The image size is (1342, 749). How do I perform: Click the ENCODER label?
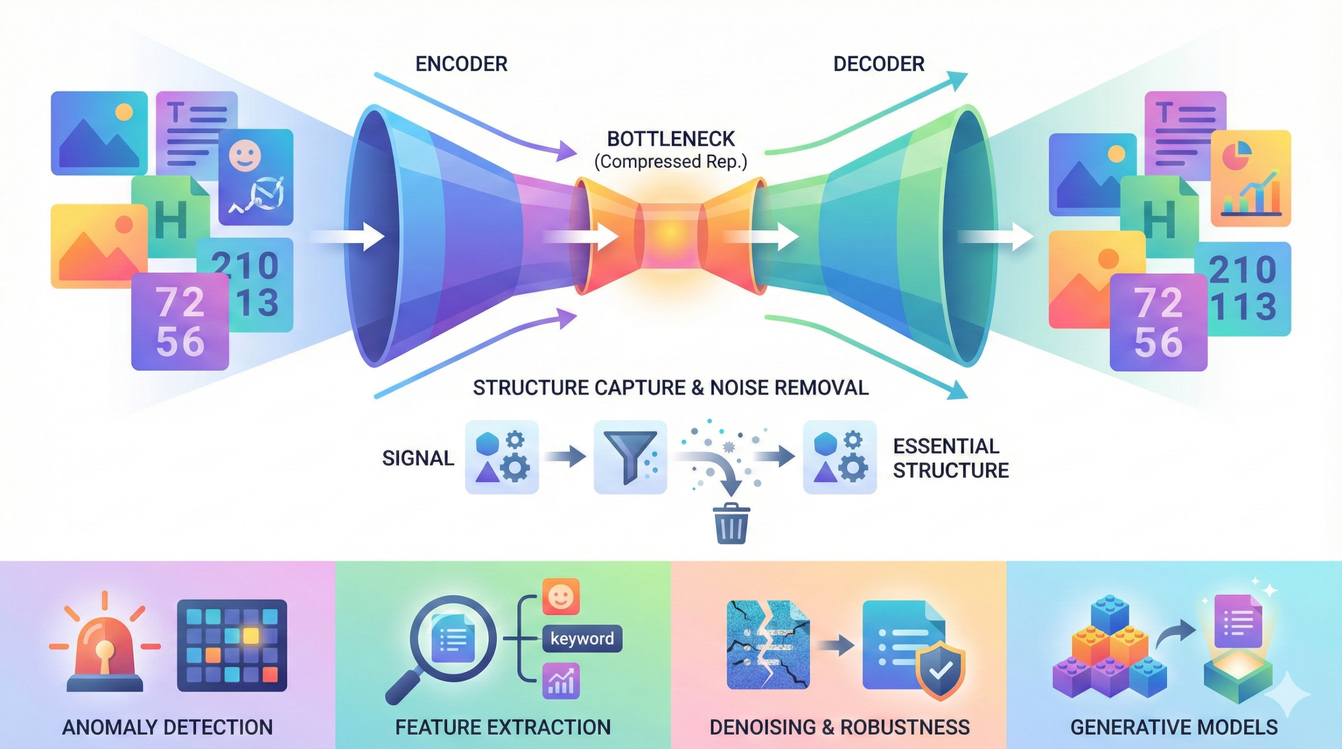461,64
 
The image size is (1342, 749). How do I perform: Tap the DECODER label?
879,64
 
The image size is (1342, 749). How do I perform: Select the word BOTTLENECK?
670,139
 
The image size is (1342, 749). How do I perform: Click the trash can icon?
732,524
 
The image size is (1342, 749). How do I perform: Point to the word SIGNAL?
418,459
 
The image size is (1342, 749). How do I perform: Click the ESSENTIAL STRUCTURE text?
950,459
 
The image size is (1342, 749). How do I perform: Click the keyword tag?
582,638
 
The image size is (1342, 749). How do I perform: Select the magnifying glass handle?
403,687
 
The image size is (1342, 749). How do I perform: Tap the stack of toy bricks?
1110,655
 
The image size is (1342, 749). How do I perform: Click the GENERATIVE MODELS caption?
1174,728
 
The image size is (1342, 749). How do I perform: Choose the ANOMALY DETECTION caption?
167,728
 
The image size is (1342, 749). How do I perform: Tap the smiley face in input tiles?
245,156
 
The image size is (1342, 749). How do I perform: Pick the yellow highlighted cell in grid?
251,636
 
